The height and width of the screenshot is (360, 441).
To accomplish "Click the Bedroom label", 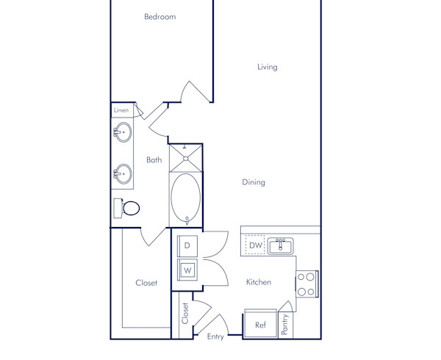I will coord(159,17).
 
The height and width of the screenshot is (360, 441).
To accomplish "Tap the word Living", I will coord(267,67).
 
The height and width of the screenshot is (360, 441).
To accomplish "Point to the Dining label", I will coord(254,182).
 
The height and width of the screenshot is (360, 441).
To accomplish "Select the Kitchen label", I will coord(259,282).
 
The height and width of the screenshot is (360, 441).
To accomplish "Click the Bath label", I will coord(154,159).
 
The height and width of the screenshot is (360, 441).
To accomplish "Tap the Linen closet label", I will coord(121,110).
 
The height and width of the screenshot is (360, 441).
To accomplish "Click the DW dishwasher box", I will coord(255,245).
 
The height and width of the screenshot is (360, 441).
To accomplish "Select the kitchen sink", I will coord(280,245).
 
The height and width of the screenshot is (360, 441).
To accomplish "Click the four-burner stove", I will coord(306,284).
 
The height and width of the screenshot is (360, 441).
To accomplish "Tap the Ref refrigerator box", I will coord(260,325).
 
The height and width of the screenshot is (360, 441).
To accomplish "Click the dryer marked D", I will coord(187,245).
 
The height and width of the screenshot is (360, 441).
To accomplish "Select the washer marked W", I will coord(187,270).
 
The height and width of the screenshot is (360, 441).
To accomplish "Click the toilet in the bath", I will coord(128,207).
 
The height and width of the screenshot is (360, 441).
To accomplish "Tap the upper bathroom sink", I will coord(122,134).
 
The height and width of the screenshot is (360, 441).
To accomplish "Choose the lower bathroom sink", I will coord(122,175).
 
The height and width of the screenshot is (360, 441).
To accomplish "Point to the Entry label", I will coord(215,337).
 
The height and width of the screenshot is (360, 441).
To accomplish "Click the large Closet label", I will coord(146,283).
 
